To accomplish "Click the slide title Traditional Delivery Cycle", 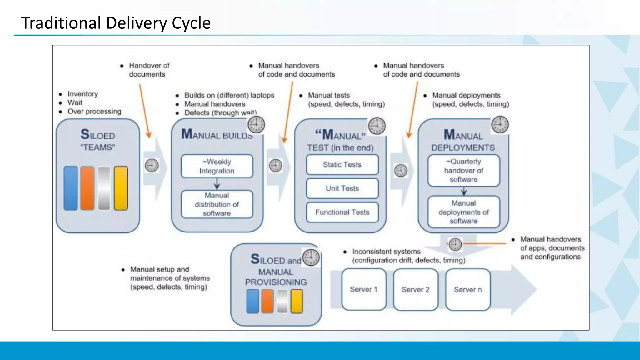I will click(x=116, y=23).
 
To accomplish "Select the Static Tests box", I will click(x=342, y=165).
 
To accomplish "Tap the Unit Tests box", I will click(x=342, y=188).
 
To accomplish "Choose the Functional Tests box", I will click(x=342, y=212).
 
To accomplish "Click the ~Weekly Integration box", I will click(x=217, y=166).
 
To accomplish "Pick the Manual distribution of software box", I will click(x=217, y=204).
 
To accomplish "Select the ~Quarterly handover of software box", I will click(x=463, y=171).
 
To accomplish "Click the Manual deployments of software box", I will click(x=463, y=212).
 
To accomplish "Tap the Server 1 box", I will click(x=364, y=289).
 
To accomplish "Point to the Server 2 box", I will click(x=416, y=290).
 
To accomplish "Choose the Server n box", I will click(x=468, y=290).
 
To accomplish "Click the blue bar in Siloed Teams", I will click(x=71, y=188).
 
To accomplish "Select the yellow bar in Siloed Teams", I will click(x=121, y=188).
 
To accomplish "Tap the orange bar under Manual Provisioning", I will click(x=267, y=301).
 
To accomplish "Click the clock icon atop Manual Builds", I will click(x=256, y=124).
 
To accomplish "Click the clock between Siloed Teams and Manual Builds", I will click(x=152, y=165).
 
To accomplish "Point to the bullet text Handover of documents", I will click(x=149, y=70).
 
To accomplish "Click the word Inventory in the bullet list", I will click(x=83, y=94).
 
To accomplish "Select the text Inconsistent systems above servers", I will click(x=386, y=252).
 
